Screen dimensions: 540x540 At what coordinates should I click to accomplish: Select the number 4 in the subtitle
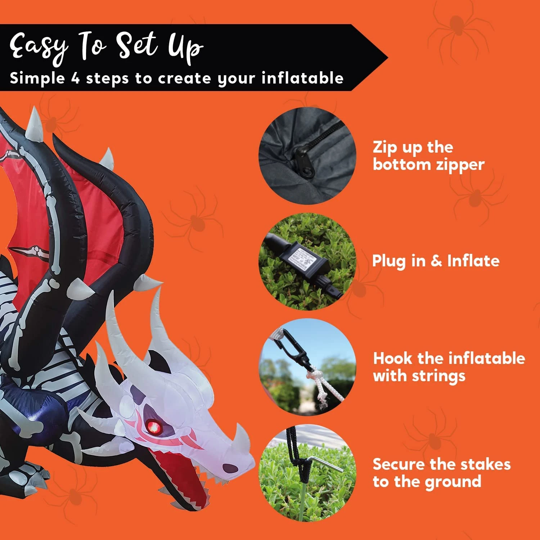(75, 78)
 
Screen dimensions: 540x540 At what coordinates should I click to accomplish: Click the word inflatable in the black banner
(302, 78)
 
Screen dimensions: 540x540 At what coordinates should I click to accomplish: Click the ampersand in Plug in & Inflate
(436, 261)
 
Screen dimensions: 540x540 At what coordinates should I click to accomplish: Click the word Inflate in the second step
(473, 261)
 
